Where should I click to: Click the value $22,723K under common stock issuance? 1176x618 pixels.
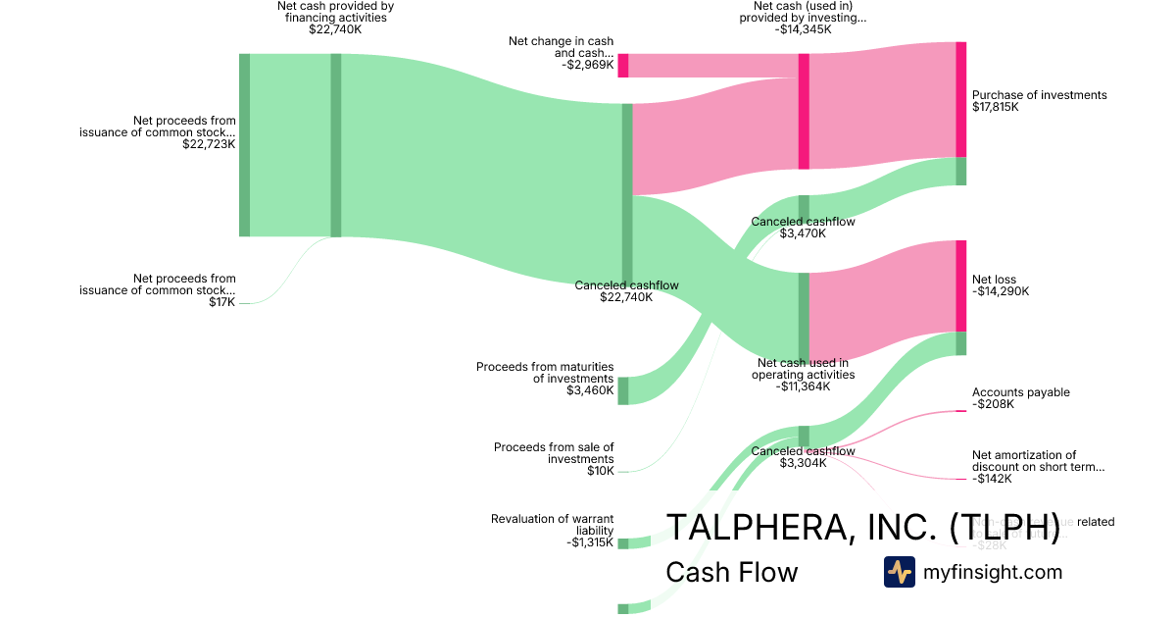point(209,144)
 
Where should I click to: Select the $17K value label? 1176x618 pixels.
point(222,302)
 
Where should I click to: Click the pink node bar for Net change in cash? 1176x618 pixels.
point(623,66)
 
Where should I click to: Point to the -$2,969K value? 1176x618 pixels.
point(588,66)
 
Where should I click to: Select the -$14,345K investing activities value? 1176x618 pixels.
point(803,29)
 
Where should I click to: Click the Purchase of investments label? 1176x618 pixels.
point(1039,95)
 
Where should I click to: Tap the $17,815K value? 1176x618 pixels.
point(996,107)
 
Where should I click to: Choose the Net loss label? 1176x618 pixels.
point(994,280)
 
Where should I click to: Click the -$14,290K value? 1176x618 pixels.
point(1001,291)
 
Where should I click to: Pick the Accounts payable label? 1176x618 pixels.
point(1020,392)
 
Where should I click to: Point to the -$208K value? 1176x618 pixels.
point(993,404)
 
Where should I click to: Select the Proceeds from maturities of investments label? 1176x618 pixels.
point(545,372)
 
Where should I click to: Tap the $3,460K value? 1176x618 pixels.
point(590,390)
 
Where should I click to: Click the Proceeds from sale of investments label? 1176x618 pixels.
point(554,453)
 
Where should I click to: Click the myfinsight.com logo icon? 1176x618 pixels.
point(899,572)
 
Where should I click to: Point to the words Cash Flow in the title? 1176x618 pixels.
point(731,572)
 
